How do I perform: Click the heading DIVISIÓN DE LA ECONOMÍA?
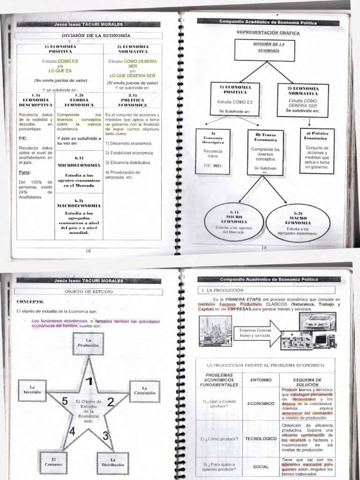[96, 36]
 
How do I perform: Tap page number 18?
[88, 251]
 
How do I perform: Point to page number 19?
[264, 247]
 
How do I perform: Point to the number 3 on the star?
[106, 435]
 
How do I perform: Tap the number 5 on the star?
[65, 401]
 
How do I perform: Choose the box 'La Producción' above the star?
[89, 344]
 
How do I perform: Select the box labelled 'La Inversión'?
[32, 390]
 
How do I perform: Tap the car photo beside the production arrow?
[318, 322]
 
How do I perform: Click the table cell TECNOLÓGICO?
[261, 439]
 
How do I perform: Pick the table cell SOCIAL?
[261, 467]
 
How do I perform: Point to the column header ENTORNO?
[261, 380]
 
